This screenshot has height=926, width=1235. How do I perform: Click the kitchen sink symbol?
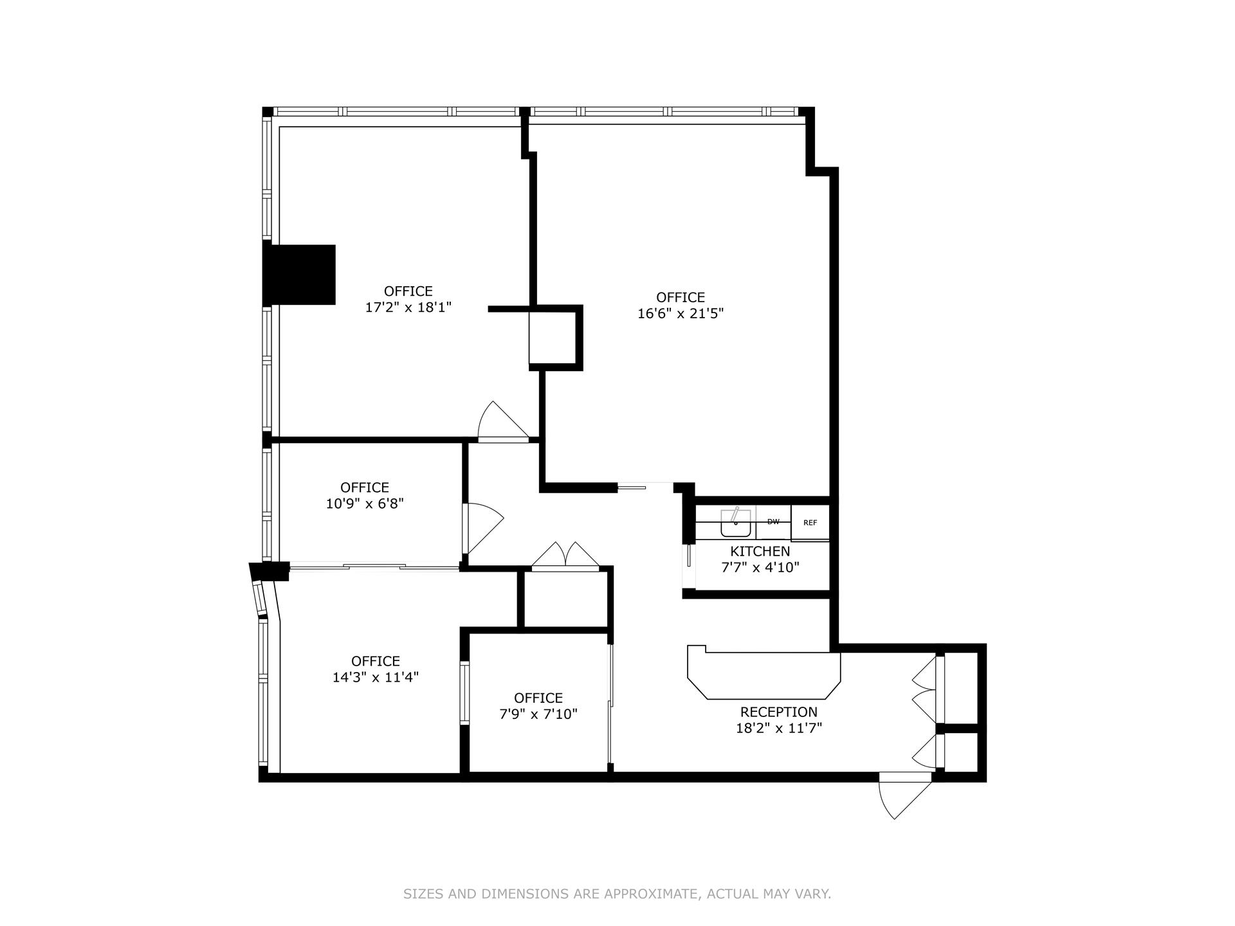click(735, 523)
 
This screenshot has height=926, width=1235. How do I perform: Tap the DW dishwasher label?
click(773, 522)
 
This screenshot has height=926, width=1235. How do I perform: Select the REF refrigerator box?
click(810, 523)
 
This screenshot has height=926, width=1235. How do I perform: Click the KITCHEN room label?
click(760, 551)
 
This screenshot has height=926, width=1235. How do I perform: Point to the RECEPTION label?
click(778, 712)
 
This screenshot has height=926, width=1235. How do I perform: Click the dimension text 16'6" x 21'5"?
click(681, 313)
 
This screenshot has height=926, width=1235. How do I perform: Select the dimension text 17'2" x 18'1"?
click(408, 307)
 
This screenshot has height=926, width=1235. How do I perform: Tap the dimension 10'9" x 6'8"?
click(365, 504)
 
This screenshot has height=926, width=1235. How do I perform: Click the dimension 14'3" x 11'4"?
click(376, 677)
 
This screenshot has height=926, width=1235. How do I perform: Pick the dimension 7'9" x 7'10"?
click(538, 714)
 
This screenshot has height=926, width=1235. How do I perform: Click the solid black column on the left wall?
click(300, 275)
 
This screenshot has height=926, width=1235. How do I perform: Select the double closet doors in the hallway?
click(565, 557)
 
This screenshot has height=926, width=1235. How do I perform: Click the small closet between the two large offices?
click(551, 338)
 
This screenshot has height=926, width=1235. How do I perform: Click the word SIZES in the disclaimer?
click(422, 894)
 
